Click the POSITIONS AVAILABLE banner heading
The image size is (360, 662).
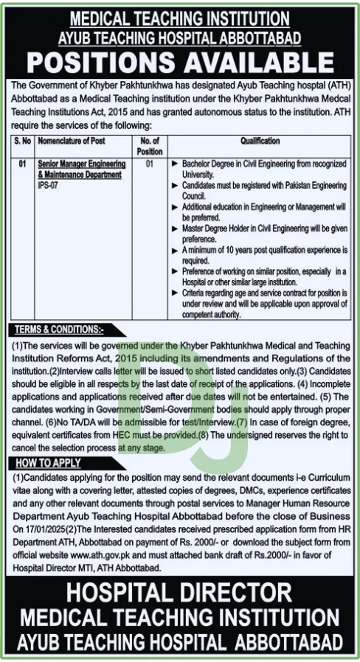180,60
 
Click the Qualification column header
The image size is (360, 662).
259,141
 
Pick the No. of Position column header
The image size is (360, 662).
149,146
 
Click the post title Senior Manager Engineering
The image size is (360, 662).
83,165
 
